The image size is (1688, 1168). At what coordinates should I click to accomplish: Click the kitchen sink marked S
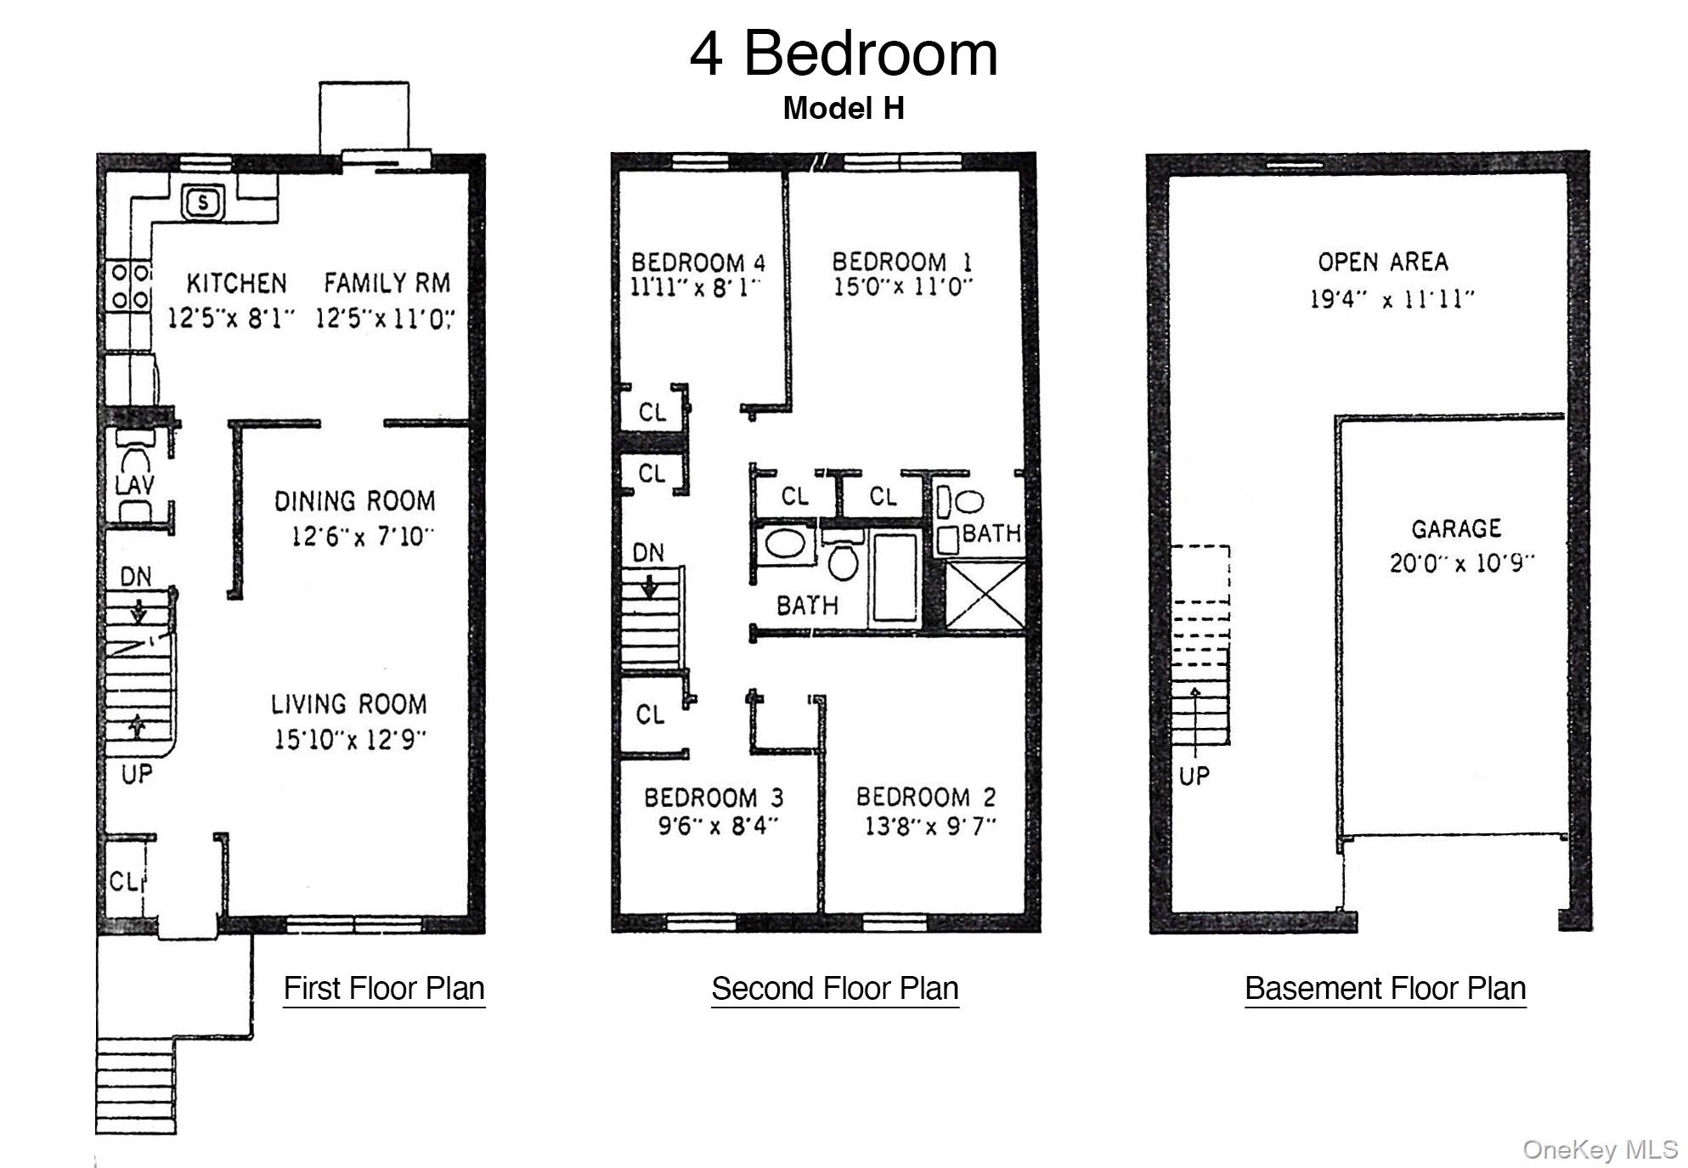tap(203, 203)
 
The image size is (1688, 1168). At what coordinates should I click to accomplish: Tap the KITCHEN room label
tap(236, 283)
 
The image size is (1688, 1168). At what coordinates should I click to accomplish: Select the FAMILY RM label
tap(387, 283)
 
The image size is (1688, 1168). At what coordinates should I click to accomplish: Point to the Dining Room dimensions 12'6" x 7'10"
tap(363, 537)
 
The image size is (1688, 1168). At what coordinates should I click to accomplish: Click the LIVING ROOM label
tap(349, 704)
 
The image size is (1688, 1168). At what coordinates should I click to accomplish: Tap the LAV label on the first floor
tap(135, 485)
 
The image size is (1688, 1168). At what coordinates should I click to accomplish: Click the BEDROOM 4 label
tap(698, 262)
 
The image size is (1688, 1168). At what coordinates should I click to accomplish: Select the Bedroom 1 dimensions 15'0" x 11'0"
tap(902, 287)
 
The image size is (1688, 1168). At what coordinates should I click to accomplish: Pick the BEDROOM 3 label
tap(714, 798)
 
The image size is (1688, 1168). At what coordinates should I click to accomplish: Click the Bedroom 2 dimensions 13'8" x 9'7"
tap(930, 826)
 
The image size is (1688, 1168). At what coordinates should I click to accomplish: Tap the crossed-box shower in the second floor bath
tap(985, 595)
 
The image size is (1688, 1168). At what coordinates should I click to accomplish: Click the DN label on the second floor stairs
tap(648, 553)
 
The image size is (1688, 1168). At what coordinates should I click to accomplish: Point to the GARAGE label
tap(1456, 529)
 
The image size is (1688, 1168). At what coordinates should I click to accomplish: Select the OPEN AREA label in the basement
tap(1383, 262)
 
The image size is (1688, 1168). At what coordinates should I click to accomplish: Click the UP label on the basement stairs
tap(1194, 776)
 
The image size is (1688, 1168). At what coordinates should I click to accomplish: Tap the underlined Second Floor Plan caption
tap(835, 990)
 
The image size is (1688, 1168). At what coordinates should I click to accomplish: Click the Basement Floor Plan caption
tap(1386, 990)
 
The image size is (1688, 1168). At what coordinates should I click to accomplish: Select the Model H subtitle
tap(844, 108)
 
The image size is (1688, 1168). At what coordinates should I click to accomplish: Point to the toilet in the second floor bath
tap(843, 560)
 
